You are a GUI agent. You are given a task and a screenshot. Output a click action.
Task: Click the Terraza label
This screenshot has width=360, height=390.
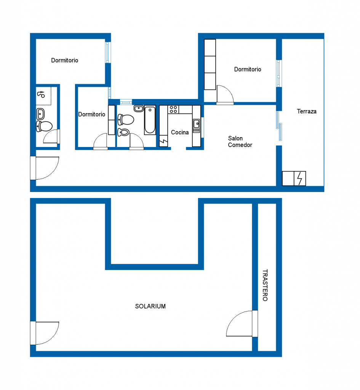(x=307, y=111)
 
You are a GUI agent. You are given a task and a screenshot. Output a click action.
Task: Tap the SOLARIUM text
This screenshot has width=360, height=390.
(x=150, y=306)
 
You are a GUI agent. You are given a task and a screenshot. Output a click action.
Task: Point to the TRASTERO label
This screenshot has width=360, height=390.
(x=265, y=285)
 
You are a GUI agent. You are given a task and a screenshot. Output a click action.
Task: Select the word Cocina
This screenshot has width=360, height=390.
(x=180, y=132)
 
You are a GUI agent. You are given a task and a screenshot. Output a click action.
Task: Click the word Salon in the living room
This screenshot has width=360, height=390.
(x=235, y=138)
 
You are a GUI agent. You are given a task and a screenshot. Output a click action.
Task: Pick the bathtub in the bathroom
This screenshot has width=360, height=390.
(x=150, y=120)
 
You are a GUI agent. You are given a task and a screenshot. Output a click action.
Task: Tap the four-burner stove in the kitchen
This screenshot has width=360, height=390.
(x=173, y=109)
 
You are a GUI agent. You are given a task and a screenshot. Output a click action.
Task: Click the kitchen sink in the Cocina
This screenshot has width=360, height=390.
(x=196, y=126)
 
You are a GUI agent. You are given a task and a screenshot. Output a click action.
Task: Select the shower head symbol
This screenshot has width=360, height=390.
(x=41, y=94)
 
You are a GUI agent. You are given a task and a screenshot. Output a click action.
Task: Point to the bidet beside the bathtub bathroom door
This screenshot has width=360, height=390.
(x=123, y=132)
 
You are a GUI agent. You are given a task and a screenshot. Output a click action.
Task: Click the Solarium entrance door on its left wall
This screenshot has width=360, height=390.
(x=45, y=333)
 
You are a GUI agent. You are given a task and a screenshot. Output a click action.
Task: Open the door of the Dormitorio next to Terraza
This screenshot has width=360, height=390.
(x=225, y=94)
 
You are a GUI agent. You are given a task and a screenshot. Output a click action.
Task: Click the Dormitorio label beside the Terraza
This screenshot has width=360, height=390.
(x=248, y=69)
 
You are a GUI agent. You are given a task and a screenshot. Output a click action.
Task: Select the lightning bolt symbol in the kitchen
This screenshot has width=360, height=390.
(x=163, y=141)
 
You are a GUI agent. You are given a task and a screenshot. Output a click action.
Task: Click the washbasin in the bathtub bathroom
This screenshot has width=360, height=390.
(x=139, y=109)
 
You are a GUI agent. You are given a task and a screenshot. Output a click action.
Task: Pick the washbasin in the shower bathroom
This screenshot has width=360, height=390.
(x=40, y=114)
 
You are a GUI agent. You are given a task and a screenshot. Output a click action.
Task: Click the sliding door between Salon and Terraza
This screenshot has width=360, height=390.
(x=279, y=126)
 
